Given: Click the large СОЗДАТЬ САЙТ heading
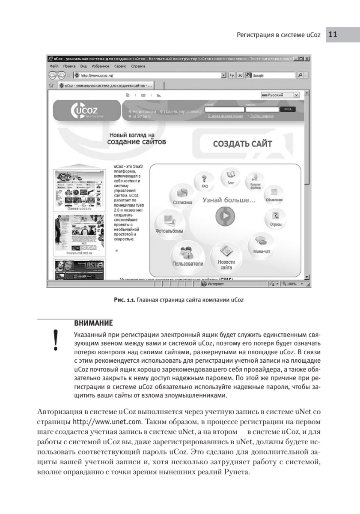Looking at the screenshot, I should point(242,144).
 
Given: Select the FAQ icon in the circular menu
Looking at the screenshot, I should point(204,180).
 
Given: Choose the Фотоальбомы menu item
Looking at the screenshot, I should point(170,223).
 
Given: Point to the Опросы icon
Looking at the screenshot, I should point(276,216).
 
